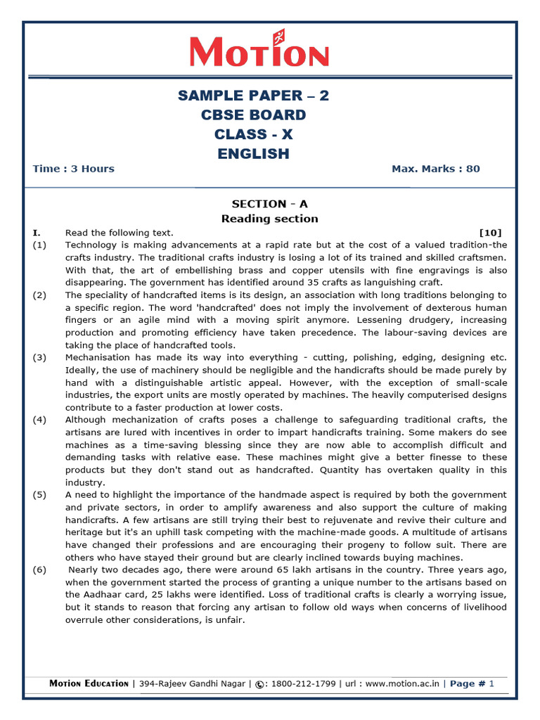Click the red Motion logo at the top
[259, 53]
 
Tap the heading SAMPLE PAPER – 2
[253, 96]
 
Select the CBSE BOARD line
[253, 115]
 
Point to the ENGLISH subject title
[253, 154]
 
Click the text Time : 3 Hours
[73, 169]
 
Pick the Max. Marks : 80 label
[435, 169]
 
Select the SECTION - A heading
[270, 204]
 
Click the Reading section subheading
[270, 219]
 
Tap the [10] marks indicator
[490, 233]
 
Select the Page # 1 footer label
[472, 683]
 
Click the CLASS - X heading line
[253, 134]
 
